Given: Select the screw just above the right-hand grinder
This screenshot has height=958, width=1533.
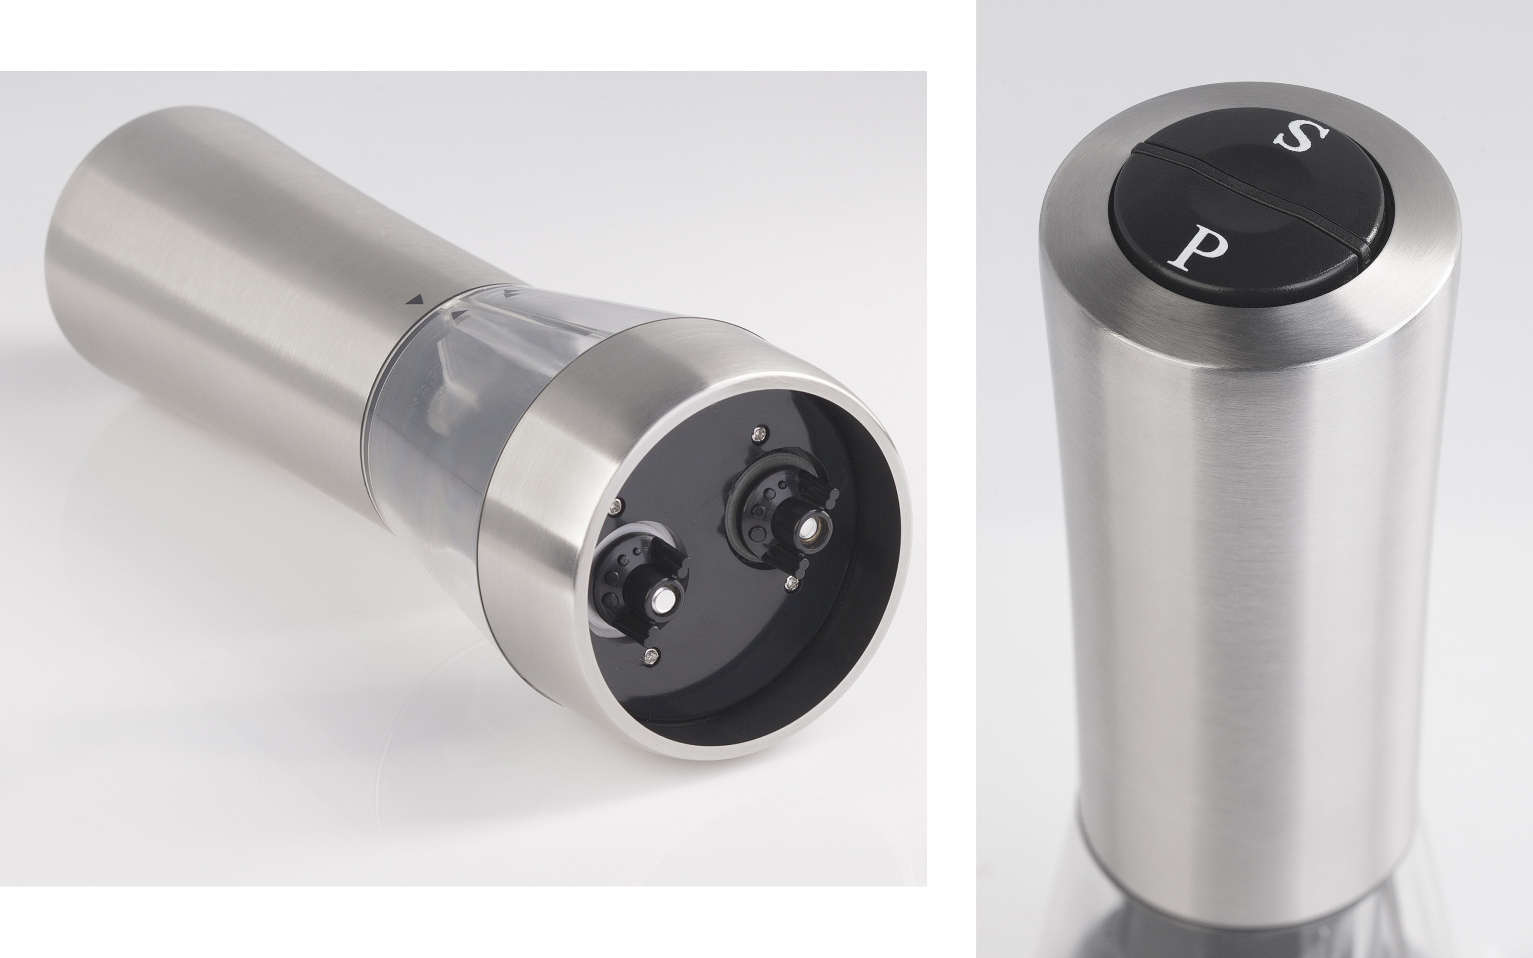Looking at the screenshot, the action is tap(759, 433).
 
